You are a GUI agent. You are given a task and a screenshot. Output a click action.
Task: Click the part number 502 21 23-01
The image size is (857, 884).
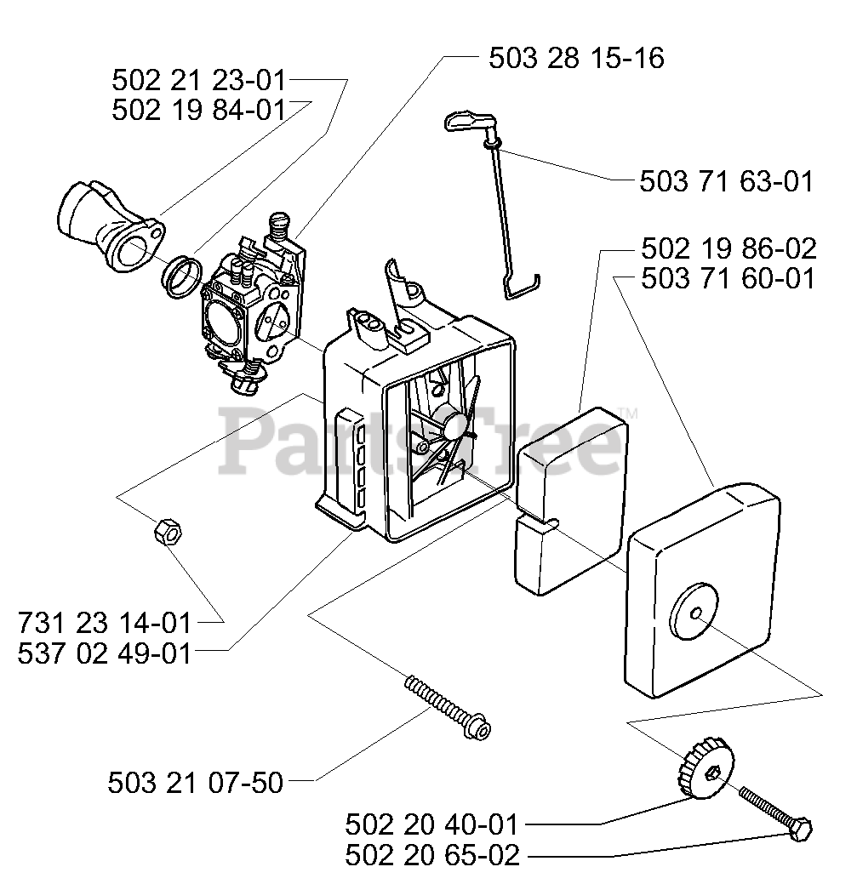tap(199, 81)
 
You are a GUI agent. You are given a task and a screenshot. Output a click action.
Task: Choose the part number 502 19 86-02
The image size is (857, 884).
tap(728, 248)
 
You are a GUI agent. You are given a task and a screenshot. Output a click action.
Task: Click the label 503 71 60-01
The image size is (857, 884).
tap(728, 278)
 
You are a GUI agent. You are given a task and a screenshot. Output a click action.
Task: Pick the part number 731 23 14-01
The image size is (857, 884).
tap(104, 623)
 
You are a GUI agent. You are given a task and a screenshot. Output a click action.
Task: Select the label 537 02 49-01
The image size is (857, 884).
tap(104, 653)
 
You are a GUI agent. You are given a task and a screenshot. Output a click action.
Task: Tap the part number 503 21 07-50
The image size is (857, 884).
tap(195, 782)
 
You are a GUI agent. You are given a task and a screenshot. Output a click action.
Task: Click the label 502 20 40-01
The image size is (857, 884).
tap(431, 824)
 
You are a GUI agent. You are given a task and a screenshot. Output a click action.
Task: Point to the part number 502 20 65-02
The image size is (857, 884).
tap(431, 855)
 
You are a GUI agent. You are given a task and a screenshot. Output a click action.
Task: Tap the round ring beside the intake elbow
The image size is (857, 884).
tap(182, 275)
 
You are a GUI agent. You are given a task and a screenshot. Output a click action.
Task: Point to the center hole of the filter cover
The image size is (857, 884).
tap(695, 614)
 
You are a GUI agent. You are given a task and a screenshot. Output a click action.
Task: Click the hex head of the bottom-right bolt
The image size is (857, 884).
tap(801, 830)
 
